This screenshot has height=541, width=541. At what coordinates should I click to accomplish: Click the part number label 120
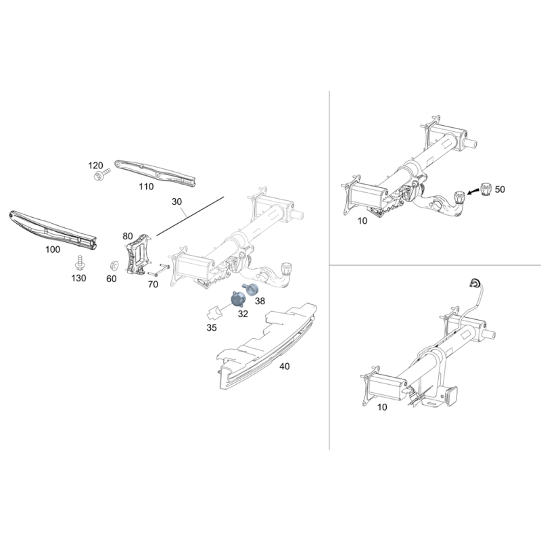point(95,166)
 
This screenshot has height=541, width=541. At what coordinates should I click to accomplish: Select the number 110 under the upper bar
point(146,187)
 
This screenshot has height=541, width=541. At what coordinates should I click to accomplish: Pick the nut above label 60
point(113,266)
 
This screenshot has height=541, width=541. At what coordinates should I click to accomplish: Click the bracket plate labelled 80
point(138,254)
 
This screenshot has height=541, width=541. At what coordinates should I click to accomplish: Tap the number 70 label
point(153,284)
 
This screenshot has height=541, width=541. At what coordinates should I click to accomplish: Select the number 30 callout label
point(177,202)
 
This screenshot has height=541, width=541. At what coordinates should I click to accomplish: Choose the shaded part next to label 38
point(251,289)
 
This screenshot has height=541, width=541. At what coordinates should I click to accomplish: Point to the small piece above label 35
point(214,312)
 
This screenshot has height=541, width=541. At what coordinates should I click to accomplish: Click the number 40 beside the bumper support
point(284,366)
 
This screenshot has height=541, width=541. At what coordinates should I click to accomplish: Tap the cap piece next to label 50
point(486,189)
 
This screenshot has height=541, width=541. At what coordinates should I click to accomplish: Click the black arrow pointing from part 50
point(472,192)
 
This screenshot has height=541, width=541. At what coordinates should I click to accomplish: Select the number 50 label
point(500,189)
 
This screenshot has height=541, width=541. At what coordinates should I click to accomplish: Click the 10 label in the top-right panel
point(362,221)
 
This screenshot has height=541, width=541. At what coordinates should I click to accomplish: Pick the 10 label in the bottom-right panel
point(382,407)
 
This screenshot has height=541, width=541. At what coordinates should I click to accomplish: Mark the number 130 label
point(78,278)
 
